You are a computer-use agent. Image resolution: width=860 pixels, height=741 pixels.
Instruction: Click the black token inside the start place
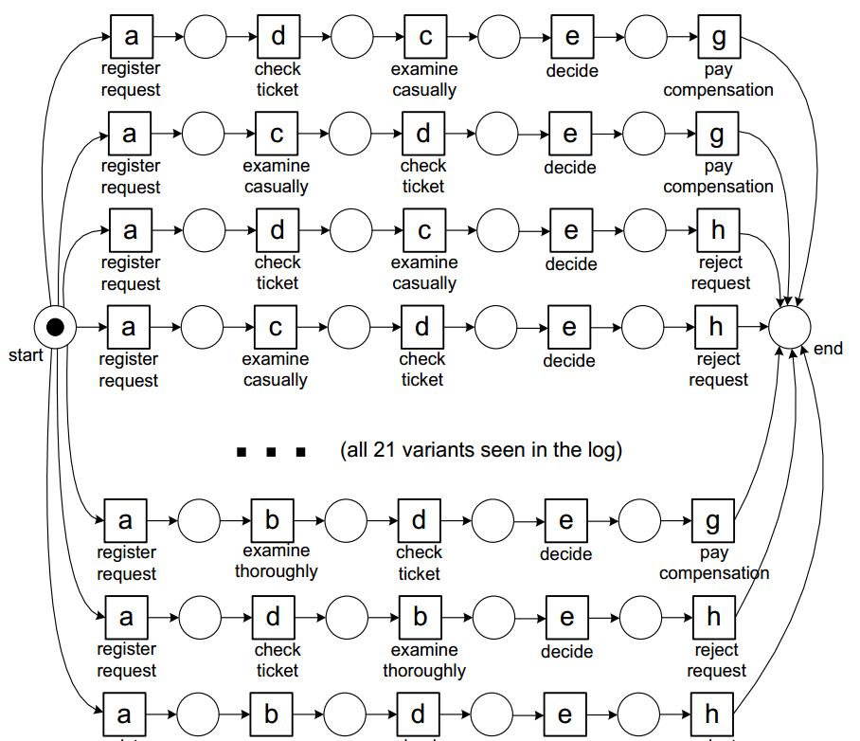point(55,328)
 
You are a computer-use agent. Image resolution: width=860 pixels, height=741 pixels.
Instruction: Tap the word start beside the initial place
point(26,356)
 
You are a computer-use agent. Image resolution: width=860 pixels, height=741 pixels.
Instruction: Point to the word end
point(828,349)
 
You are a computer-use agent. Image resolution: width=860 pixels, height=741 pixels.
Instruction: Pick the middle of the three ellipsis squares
point(272,452)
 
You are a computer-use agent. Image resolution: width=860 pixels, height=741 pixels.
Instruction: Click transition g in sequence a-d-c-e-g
point(718,37)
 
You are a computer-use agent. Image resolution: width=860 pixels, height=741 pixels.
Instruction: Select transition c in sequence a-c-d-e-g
point(277,135)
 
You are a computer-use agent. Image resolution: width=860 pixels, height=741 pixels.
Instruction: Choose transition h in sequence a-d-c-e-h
point(717,230)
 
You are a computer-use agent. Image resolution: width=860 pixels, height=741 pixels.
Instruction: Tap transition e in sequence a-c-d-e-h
point(568,327)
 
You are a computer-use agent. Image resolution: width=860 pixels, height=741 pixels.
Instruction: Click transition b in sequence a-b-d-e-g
point(273,520)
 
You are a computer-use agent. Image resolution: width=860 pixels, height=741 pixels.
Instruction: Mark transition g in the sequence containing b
point(712,520)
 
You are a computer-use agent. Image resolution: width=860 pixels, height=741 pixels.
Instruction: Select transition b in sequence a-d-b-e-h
point(420,618)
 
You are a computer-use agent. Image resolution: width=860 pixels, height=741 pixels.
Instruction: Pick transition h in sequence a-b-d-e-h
point(712,714)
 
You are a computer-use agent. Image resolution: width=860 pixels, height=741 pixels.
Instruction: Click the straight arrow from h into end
point(753,328)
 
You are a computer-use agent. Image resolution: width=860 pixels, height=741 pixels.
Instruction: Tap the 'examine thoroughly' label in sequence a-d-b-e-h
point(423,660)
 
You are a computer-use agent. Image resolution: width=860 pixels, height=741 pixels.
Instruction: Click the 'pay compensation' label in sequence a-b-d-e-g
point(714,563)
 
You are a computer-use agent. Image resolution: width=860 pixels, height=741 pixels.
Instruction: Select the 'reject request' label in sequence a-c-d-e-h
point(718,370)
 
